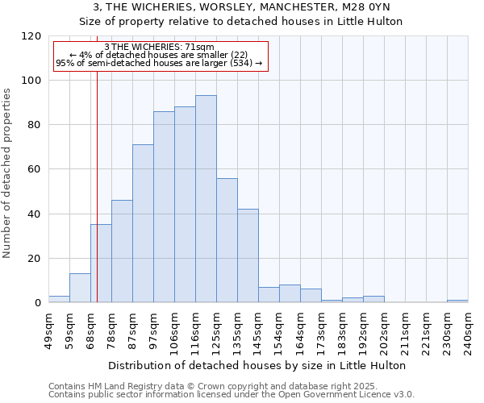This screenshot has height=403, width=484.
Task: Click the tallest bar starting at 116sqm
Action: (206, 199)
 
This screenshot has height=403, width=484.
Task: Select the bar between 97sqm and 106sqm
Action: (164, 207)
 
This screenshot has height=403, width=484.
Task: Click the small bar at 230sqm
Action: (457, 301)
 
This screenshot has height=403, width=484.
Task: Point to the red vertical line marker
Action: (96, 185)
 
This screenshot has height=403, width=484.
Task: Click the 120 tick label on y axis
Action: (31, 36)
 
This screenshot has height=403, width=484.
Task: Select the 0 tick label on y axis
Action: (37, 303)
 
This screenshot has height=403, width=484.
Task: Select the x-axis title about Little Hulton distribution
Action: (257, 366)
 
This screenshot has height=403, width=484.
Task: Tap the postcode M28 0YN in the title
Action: (367, 6)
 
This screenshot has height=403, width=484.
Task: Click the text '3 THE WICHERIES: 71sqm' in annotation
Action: (159, 48)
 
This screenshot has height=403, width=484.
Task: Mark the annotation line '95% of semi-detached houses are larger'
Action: (159, 62)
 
